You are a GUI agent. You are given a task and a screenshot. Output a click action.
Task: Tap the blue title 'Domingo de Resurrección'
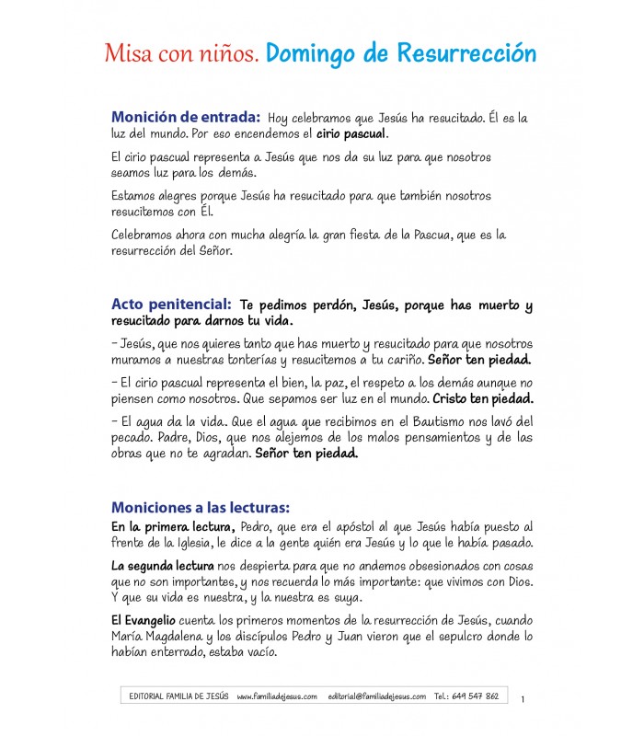[400, 53]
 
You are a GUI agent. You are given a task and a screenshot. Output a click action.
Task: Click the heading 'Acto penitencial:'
[171, 303]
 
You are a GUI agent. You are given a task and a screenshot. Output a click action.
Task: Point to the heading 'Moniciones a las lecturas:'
[201, 507]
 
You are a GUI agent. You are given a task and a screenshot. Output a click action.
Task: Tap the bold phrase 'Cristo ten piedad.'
[483, 399]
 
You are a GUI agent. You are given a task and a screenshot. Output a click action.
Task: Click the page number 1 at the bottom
[523, 700]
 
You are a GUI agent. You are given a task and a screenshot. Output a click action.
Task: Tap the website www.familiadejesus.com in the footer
[277, 696]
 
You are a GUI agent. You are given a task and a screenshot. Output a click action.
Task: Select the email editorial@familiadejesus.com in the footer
[376, 696]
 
